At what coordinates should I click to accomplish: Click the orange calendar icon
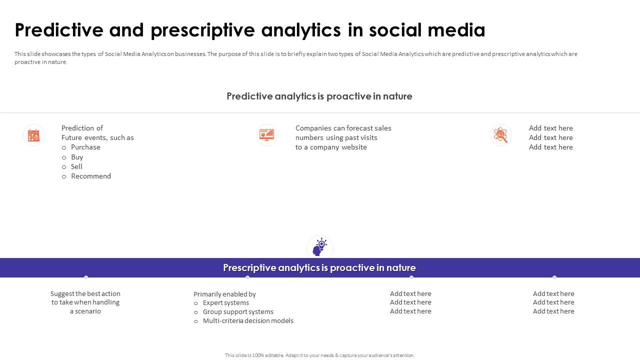(x=34, y=135)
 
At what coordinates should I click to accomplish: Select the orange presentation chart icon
(x=267, y=134)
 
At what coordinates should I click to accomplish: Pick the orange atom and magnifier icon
(x=500, y=135)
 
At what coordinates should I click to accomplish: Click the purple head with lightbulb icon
(x=319, y=247)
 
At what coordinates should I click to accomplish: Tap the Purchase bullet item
(x=85, y=147)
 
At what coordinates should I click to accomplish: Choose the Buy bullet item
(x=77, y=157)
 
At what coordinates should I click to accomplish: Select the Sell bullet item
(x=76, y=166)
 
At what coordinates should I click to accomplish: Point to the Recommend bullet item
(x=91, y=176)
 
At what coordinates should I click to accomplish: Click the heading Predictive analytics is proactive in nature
(x=319, y=96)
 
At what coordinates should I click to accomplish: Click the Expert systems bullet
(x=225, y=303)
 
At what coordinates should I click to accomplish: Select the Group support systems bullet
(x=238, y=312)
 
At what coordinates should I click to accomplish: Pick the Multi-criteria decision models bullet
(x=248, y=321)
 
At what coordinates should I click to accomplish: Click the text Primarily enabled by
(x=224, y=294)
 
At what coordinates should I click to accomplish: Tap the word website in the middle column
(x=354, y=147)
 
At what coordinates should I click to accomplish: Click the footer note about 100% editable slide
(x=319, y=355)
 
